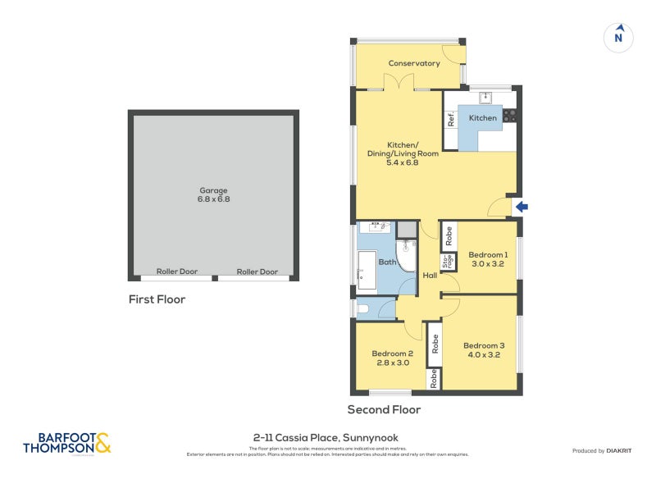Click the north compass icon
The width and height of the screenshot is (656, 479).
click(619, 37)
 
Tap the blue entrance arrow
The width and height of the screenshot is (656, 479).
click(521, 207)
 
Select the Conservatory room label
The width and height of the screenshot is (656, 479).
click(414, 63)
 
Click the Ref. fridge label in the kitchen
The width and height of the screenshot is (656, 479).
click(451, 119)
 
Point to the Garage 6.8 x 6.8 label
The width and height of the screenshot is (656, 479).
click(212, 194)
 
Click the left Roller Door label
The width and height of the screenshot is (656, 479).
click(175, 271)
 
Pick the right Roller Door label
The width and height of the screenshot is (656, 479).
click(257, 271)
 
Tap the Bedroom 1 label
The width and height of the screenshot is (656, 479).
click(488, 259)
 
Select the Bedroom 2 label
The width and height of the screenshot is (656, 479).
click(389, 358)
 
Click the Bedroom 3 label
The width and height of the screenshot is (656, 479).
click(483, 350)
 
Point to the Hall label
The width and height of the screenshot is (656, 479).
click(430, 276)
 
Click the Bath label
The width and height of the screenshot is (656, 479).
click(387, 262)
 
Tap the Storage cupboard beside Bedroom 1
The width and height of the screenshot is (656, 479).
click(448, 262)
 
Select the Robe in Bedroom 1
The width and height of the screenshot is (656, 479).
click(448, 237)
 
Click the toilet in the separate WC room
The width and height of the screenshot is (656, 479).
click(363, 309)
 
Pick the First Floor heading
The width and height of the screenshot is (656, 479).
click(157, 299)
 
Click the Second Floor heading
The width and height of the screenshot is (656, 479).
click(384, 409)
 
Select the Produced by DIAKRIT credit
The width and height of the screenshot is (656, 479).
click(605, 450)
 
